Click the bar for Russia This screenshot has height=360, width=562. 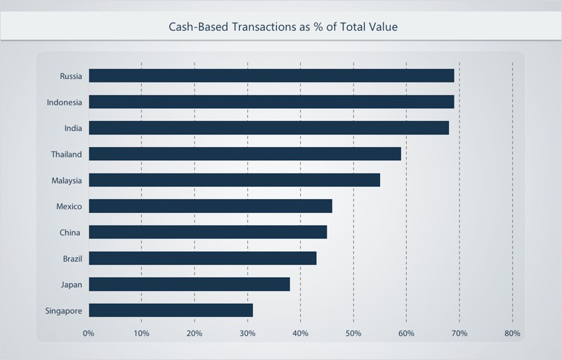tap(271, 76)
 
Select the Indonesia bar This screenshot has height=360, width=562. tap(271, 102)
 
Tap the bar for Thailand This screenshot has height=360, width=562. tap(244, 154)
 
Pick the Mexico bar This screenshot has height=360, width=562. tap(210, 206)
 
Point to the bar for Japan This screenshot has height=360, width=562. tap(189, 284)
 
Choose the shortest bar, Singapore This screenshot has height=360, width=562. tap(171, 310)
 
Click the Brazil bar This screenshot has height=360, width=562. tap(202, 258)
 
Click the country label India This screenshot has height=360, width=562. tap(72, 128)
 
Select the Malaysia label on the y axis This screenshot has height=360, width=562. tap(67, 180)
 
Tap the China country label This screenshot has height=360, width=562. tap(70, 232)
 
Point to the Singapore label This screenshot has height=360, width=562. tap(64, 310)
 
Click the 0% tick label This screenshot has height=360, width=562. tap(89, 333)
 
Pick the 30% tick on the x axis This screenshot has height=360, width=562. tap(247, 333)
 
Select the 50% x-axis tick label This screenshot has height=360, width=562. tap(353, 333)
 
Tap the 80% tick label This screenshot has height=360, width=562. tap(512, 333)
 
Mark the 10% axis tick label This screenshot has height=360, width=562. tap(141, 333)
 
